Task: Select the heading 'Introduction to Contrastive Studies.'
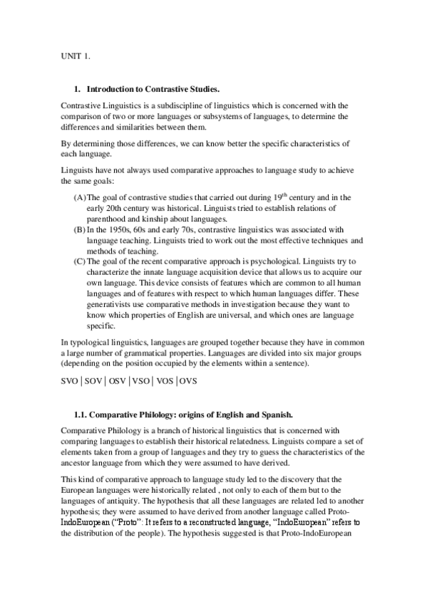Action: [x=153, y=90]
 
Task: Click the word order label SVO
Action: [x=71, y=380]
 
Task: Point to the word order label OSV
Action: [x=116, y=380]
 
